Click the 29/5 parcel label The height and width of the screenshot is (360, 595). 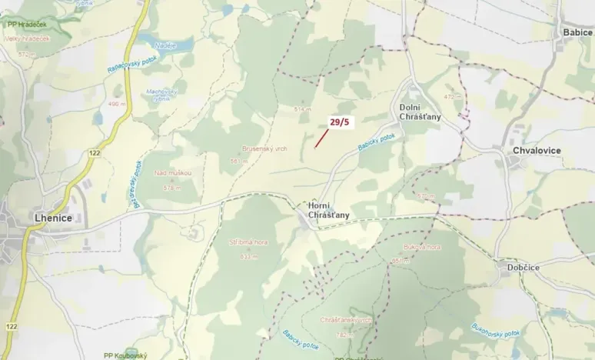coord(339,122)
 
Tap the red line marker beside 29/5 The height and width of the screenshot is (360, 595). coord(321,138)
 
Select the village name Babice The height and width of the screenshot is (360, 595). coord(577,32)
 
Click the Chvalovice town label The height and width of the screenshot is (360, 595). coord(537,151)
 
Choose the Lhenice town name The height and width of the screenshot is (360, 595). coord(53,218)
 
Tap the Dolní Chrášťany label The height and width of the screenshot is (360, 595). coord(420,112)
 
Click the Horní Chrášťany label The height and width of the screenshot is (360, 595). coord(328,210)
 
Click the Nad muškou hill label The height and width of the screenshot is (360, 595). coord(172,173)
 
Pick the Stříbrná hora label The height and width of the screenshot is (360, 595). coord(248,242)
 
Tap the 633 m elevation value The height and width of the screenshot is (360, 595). coord(248,255)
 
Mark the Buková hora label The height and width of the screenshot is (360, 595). coord(421,247)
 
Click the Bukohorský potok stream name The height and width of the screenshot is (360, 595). coord(496,329)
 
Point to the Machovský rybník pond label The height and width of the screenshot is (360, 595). coord(161,95)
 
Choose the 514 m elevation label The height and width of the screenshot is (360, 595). coord(301,109)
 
